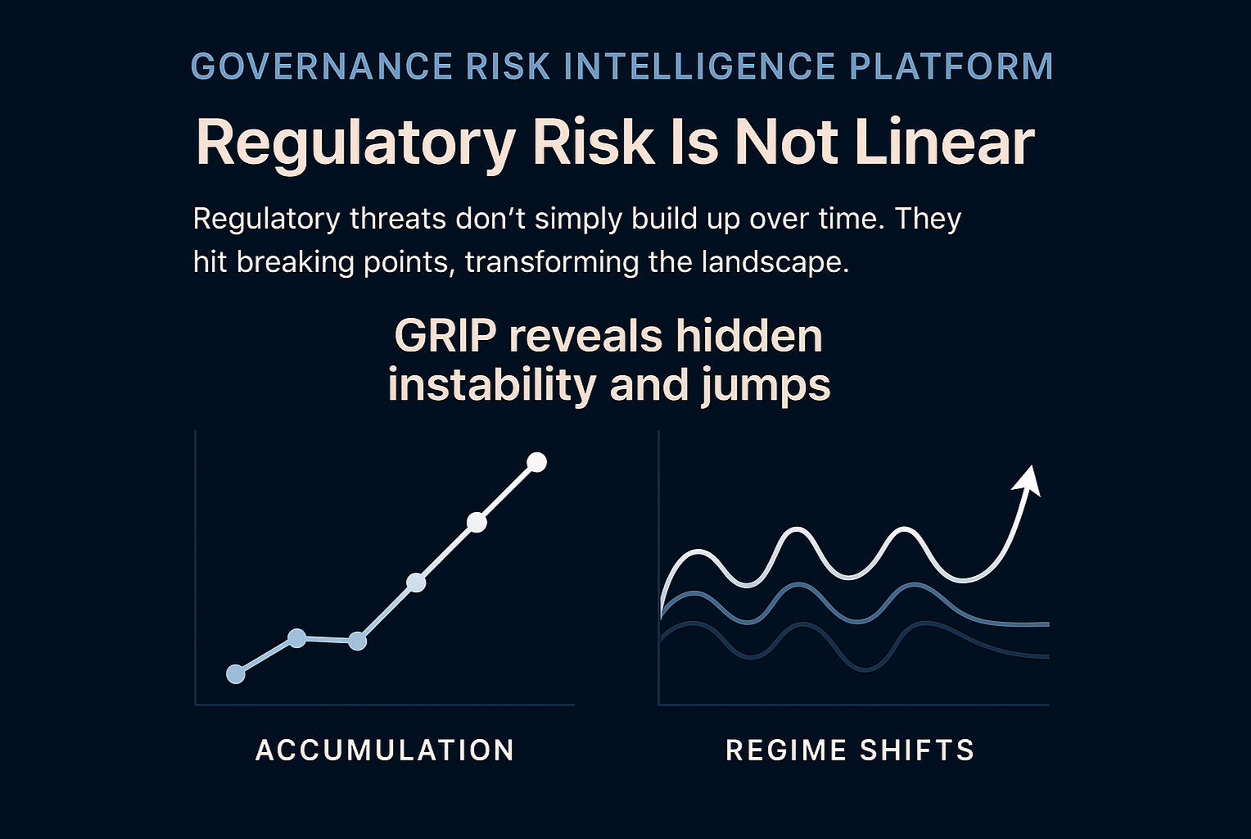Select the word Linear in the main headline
pyautogui.click(x=944, y=143)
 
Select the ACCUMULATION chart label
pyautogui.click(x=385, y=751)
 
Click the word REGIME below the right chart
pyautogui.click(x=785, y=751)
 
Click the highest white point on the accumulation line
pyautogui.click(x=536, y=463)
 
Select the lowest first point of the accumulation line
pyautogui.click(x=236, y=673)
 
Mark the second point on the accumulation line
pyautogui.click(x=297, y=637)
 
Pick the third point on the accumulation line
pyautogui.click(x=357, y=641)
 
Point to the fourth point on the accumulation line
pyautogui.click(x=416, y=583)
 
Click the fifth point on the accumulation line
pyautogui.click(x=476, y=522)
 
